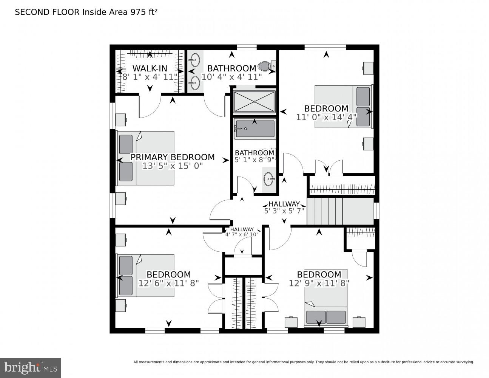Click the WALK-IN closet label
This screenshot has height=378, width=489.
150,68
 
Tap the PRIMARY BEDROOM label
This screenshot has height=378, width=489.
172,157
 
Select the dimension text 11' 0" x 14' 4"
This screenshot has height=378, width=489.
326,117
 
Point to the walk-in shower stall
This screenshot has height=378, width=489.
254,101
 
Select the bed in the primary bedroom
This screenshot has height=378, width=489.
146,158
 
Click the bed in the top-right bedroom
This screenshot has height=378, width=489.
343,107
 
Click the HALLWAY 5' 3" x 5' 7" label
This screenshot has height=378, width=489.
284,208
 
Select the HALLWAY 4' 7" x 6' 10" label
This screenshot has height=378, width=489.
242,232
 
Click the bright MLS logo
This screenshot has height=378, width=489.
30,367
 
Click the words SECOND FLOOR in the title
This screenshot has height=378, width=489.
47,12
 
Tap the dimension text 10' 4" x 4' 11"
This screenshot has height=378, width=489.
231,77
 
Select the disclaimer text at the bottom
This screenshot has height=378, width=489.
303,362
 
